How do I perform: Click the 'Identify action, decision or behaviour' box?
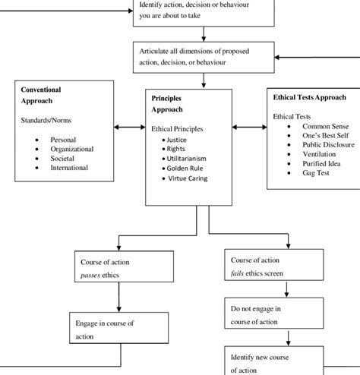click(204, 12)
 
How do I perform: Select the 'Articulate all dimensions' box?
click(204, 56)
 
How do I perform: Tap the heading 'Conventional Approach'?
click(41, 95)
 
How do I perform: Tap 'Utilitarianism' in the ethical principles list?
click(186, 159)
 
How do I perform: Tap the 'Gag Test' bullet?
click(318, 173)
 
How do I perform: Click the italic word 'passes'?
click(93, 272)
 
